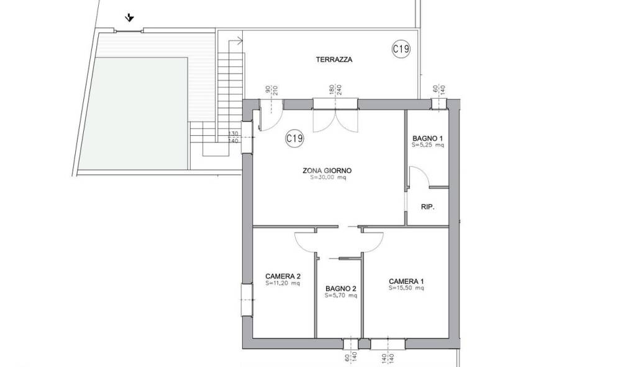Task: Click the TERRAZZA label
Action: [334, 60]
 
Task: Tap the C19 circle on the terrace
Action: [401, 49]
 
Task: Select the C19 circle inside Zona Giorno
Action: [294, 138]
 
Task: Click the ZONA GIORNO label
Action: [327, 171]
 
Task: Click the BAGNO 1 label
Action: [427, 138]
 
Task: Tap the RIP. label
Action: [427, 206]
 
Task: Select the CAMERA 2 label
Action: [283, 276]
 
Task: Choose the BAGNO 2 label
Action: [341, 289]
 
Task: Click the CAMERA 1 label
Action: [406, 281]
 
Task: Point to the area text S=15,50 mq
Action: [406, 288]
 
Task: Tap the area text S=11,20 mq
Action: [283, 283]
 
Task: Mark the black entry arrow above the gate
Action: [129, 18]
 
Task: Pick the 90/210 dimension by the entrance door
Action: [271, 90]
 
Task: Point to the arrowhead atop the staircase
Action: [240, 40]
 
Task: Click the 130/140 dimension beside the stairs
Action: [234, 138]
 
